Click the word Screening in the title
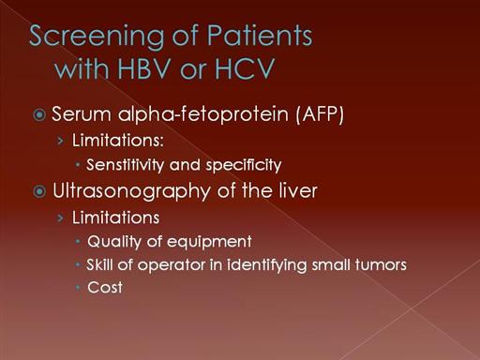click(x=97, y=37)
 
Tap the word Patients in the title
click(x=260, y=35)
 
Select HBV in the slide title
click(x=144, y=68)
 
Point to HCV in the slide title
click(x=245, y=68)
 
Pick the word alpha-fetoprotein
click(x=203, y=113)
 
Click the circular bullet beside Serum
click(x=39, y=114)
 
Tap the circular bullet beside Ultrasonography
click(x=39, y=191)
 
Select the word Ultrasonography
click(x=131, y=191)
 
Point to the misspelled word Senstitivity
click(x=126, y=165)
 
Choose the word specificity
click(x=244, y=165)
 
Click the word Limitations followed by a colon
click(x=118, y=140)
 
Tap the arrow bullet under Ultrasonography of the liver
click(x=60, y=217)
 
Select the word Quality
click(x=114, y=242)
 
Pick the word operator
click(x=172, y=265)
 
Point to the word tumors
click(x=381, y=264)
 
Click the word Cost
click(x=105, y=288)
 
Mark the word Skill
click(x=99, y=264)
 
